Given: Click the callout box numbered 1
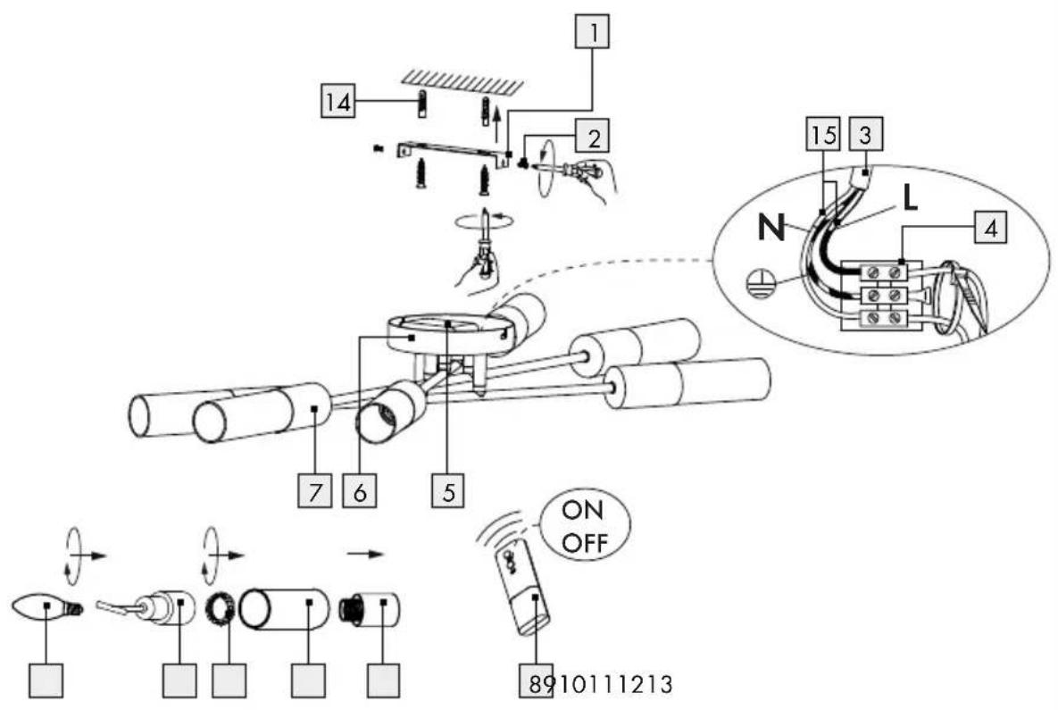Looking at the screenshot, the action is pos(592,32).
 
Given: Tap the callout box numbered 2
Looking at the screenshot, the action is pos(592,137).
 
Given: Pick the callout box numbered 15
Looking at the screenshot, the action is pos(823,134).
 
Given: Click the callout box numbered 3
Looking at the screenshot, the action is pos(866,134).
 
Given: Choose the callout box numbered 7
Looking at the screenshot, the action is pos(315,490).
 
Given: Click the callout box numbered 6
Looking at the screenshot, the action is pos(360,490).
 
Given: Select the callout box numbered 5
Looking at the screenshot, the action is pos(449,490).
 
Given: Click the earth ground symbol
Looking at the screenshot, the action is pos(758,283).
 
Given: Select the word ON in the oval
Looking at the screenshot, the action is pos(583,510).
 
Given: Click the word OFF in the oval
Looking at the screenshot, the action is pos(585,543).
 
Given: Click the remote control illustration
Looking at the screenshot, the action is pos(523,589).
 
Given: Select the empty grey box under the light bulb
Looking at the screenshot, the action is pos(46,681).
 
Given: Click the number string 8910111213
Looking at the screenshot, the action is pos(601,684).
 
